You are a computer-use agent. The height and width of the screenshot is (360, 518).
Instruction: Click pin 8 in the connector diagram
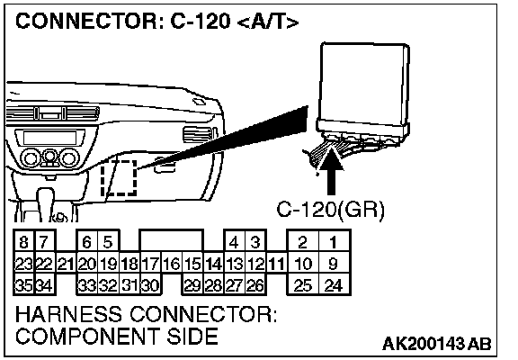coord(23,242)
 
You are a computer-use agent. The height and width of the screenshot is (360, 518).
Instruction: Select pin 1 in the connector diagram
coord(334,242)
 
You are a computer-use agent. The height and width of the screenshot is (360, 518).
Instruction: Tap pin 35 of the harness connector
coord(23,285)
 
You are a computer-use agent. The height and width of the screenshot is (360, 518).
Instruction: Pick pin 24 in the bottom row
coord(334,285)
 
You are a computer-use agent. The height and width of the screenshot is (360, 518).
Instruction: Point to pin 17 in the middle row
coord(151,264)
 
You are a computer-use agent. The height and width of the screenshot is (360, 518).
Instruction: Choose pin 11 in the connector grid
coord(276,264)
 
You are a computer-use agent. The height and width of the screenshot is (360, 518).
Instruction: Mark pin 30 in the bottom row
coord(151,285)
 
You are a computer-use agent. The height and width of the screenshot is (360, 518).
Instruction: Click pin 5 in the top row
coord(108,242)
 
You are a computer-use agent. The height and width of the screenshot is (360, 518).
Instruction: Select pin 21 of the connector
coord(66,264)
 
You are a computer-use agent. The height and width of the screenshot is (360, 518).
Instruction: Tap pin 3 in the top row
coord(255,242)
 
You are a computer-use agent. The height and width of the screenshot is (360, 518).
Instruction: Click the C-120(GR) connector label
coord(331,210)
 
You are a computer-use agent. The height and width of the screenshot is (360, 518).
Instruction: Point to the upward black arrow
coord(331,172)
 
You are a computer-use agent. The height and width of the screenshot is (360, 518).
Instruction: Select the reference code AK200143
coord(424,344)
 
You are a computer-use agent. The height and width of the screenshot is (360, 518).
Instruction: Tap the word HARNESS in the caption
coord(68,314)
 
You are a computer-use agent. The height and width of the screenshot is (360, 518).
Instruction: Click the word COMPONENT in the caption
coord(88,337)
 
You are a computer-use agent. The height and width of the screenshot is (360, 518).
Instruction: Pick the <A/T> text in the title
coord(268,22)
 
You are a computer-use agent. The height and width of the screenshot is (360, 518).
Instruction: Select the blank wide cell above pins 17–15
coord(171,241)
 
